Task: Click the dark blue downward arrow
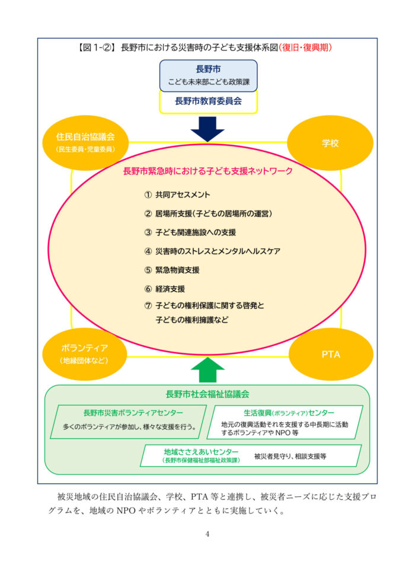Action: (x=207, y=128)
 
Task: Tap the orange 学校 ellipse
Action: (x=330, y=143)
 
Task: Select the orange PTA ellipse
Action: (x=331, y=355)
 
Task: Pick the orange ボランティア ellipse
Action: (x=84, y=353)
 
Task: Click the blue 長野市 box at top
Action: (x=208, y=75)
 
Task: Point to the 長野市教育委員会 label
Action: (x=208, y=101)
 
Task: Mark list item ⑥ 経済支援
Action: (x=165, y=289)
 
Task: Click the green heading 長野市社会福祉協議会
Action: (x=207, y=394)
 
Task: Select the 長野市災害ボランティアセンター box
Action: (x=129, y=421)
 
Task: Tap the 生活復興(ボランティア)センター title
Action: (x=289, y=413)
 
